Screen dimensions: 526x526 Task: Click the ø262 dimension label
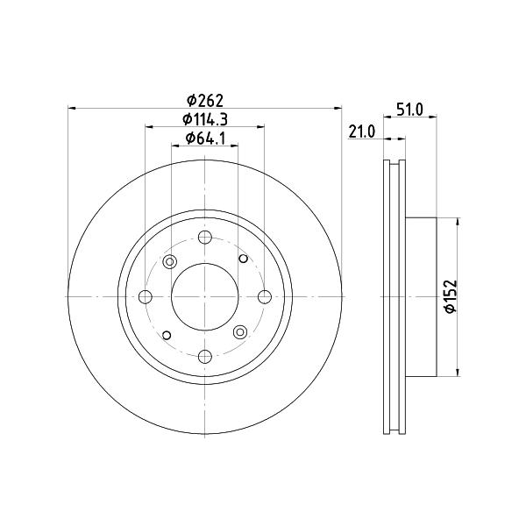tap(205, 100)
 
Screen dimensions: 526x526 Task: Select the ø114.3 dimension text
tap(205, 119)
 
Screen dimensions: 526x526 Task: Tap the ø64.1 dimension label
tap(205, 138)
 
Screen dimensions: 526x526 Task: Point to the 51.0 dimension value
tap(409, 110)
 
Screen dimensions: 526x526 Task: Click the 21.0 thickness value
tap(361, 131)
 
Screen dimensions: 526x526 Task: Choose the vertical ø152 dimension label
tap(451, 296)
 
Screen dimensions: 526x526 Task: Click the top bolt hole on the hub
tap(204, 238)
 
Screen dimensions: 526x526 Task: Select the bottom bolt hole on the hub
tap(204, 356)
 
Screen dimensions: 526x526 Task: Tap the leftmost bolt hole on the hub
tap(146, 297)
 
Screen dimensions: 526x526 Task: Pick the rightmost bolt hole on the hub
tap(265, 297)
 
